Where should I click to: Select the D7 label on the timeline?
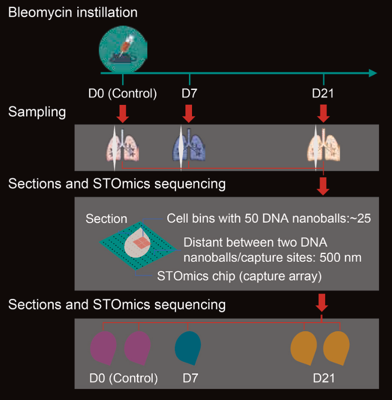click(x=189, y=93)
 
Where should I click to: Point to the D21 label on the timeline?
click(x=323, y=93)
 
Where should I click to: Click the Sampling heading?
click(x=37, y=112)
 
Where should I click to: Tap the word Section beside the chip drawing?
click(x=106, y=219)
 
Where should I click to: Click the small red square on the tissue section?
click(x=144, y=243)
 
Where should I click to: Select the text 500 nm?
click(x=341, y=257)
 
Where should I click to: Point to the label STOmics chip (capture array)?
click(x=239, y=276)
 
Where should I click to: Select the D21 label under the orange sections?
click(x=323, y=377)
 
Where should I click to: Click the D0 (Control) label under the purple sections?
click(x=123, y=377)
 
